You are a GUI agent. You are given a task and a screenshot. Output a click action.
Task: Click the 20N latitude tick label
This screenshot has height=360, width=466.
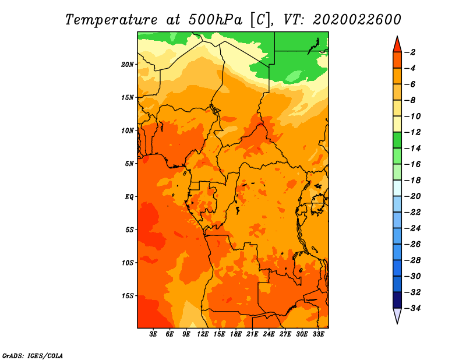128,65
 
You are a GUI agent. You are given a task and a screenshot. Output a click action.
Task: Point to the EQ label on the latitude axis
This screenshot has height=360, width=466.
129,197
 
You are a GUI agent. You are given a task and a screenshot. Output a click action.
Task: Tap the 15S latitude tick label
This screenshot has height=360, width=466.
128,296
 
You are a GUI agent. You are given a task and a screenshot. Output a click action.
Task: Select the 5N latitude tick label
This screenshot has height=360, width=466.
129,164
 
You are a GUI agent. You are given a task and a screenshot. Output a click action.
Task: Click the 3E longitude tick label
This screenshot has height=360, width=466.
153,334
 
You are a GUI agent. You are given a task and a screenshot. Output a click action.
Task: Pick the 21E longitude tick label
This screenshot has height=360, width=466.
252,334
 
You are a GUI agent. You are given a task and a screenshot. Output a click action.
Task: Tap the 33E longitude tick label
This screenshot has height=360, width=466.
318,334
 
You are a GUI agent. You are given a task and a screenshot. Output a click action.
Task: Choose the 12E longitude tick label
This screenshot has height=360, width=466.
203,334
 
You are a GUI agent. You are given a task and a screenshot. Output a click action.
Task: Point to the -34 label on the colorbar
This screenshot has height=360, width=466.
412,308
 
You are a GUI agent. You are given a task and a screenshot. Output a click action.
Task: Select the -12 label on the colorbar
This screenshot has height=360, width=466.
412,132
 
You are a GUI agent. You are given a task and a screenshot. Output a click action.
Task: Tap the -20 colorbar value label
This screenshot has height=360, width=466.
412,196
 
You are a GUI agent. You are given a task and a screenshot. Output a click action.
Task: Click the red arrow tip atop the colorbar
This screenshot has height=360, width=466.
397,37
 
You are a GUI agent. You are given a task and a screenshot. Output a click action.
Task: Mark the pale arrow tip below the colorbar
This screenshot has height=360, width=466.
397,323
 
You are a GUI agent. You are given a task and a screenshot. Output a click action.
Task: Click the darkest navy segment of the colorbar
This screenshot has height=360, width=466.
397,300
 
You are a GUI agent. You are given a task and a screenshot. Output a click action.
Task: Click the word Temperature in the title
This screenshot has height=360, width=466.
111,20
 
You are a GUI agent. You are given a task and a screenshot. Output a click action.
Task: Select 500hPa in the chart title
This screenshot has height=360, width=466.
216,20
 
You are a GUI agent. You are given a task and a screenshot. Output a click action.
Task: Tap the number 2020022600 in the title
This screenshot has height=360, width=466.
357,20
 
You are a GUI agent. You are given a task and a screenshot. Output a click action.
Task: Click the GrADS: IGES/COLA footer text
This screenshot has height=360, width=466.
33,356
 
